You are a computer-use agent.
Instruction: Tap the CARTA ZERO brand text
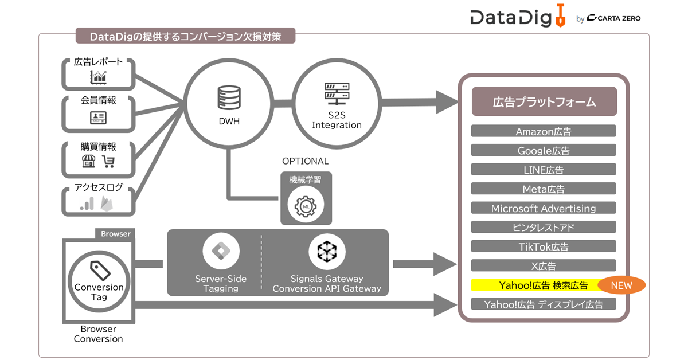point(617,18)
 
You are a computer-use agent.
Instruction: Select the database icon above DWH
point(229,98)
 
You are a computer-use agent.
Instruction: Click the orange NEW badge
point(621,285)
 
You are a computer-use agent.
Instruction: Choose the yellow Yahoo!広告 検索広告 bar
point(533,285)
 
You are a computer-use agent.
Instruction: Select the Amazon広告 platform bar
point(544,131)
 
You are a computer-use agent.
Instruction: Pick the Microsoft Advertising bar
point(544,208)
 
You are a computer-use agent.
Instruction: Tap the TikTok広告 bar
point(544,246)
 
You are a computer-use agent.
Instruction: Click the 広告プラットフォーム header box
point(544,102)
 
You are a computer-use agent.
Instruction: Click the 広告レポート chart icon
point(98,77)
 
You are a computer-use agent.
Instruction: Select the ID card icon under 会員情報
point(98,118)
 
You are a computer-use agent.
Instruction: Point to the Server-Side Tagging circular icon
point(221,251)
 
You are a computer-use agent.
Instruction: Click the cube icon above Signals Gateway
point(327,251)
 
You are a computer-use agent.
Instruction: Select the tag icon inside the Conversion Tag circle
point(99,269)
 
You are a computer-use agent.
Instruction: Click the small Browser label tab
point(115,234)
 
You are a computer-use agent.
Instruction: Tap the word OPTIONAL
point(305,161)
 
